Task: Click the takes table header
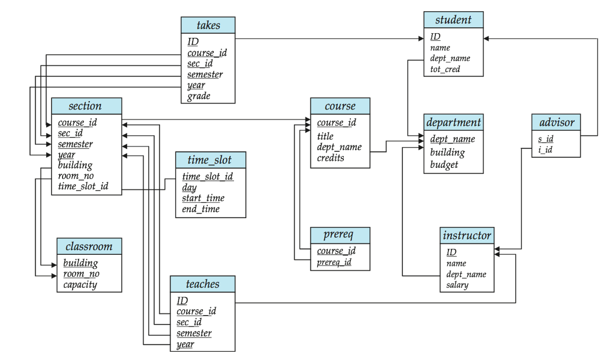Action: pos(208,25)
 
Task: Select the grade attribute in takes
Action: pos(199,96)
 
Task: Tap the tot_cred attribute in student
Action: pos(445,69)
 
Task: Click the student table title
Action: pos(453,20)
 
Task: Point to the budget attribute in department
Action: pos(444,165)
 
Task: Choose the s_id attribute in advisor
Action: pos(545,139)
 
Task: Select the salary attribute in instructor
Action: pos(457,285)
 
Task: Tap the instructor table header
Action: pos(467,236)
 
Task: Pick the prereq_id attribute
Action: pos(334,262)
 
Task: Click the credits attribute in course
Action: pos(330,158)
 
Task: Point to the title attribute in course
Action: pos(325,136)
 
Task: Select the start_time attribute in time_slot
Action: pos(203,198)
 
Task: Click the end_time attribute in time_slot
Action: pos(200,209)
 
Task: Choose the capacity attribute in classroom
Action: pos(80,284)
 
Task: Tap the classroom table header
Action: pos(89,246)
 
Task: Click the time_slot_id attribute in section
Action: pos(83,187)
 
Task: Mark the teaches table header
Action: pos(202,284)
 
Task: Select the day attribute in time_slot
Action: pos(189,187)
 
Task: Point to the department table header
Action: pos(453,123)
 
